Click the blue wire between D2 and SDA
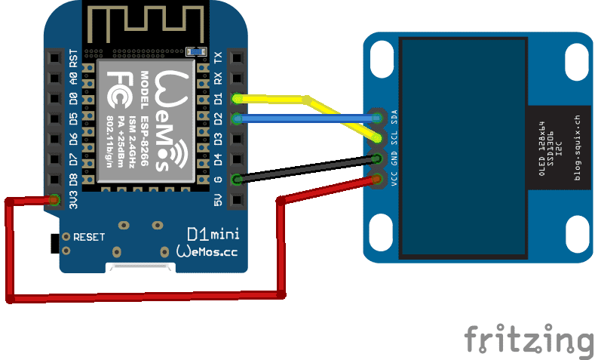point(302,118)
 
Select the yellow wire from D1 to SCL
point(271,98)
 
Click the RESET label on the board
point(89,236)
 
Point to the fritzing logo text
point(529,339)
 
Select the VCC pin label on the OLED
point(394,180)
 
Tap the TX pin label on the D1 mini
point(218,57)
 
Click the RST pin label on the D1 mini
point(73,57)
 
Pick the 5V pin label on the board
point(218,200)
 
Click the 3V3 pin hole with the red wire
point(54,200)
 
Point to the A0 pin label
point(73,78)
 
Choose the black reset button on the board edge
point(54,244)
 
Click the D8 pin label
point(73,180)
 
